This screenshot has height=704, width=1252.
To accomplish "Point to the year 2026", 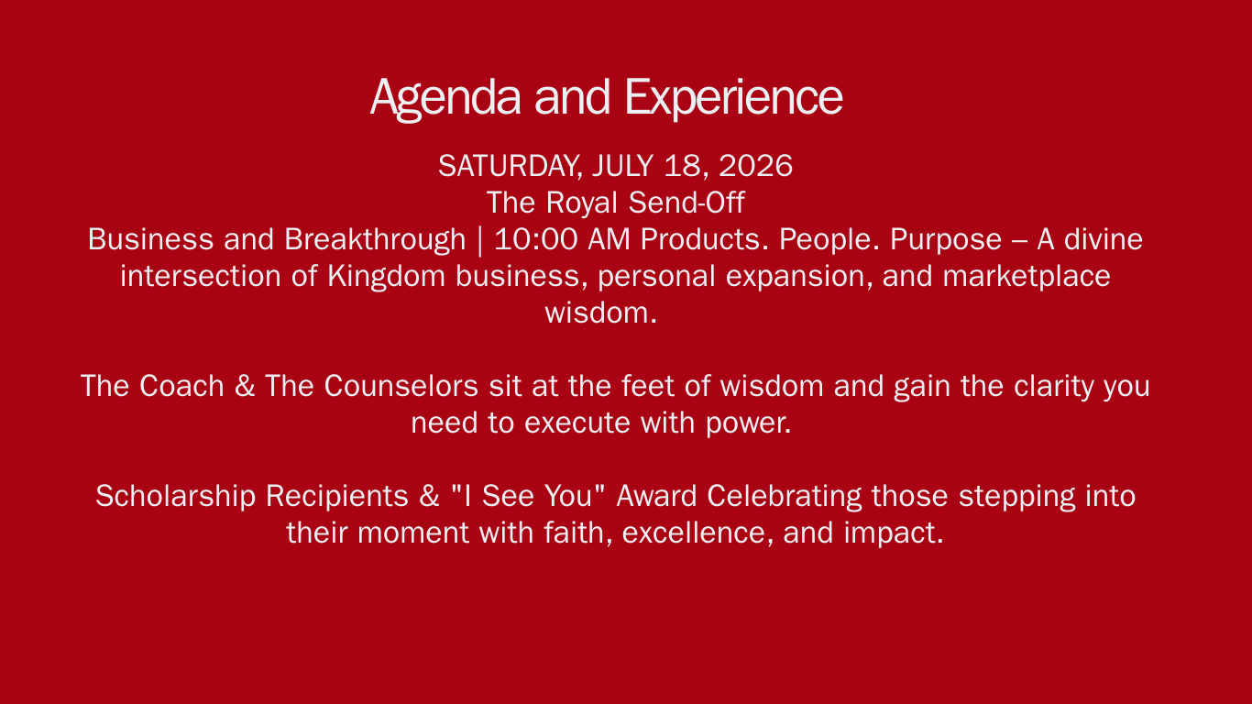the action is click(x=755, y=166).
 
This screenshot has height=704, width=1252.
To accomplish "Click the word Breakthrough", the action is click(x=375, y=240).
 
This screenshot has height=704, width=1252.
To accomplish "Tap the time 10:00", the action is click(x=536, y=239).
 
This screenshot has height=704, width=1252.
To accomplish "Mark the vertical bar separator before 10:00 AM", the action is click(x=480, y=241).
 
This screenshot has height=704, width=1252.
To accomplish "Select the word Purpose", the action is click(x=946, y=240).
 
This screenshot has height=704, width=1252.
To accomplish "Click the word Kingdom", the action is click(x=386, y=276).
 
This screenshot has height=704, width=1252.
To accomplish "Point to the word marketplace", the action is click(x=1027, y=277).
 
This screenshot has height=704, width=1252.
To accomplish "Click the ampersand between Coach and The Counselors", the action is click(x=244, y=386).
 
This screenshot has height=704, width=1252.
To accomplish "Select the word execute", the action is click(x=577, y=423).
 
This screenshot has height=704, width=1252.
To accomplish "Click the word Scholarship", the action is click(x=175, y=497).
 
